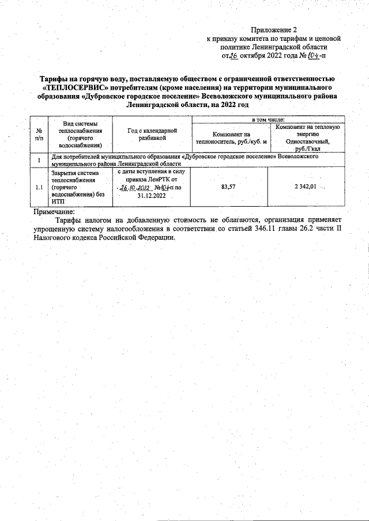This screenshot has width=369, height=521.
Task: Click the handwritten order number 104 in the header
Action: click(x=315, y=56)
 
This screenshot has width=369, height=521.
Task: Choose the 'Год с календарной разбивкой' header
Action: click(x=152, y=135)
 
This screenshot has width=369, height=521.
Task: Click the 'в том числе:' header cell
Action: click(x=268, y=119)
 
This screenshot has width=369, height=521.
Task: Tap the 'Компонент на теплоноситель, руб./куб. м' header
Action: click(x=231, y=138)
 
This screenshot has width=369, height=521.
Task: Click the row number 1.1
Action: click(x=39, y=187)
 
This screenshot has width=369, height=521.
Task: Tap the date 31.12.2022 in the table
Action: click(x=152, y=195)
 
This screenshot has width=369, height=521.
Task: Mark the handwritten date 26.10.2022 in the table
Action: click(x=134, y=187)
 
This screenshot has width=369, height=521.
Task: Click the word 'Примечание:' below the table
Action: click(x=51, y=212)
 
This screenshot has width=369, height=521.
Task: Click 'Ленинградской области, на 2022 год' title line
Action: click(x=187, y=106)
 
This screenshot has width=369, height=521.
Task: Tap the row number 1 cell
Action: click(x=39, y=159)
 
